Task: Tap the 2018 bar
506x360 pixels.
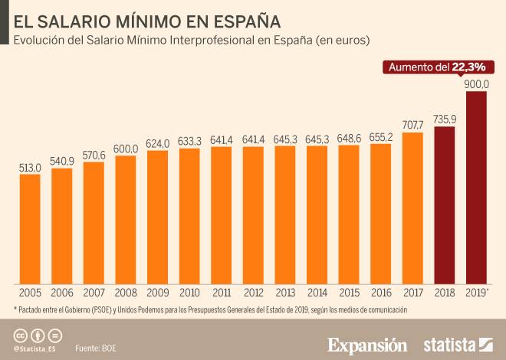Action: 445,205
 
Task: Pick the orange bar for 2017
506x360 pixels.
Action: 412,208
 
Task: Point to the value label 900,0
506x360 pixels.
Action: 477,84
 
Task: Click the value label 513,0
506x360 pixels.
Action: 30,168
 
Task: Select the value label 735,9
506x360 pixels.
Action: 445,119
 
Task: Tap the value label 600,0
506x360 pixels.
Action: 126,149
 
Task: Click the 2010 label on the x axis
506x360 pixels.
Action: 189,293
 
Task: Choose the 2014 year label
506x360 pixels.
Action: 317,293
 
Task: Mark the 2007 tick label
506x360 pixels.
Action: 94,293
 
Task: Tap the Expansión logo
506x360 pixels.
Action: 368,344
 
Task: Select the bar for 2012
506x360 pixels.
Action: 253,215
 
